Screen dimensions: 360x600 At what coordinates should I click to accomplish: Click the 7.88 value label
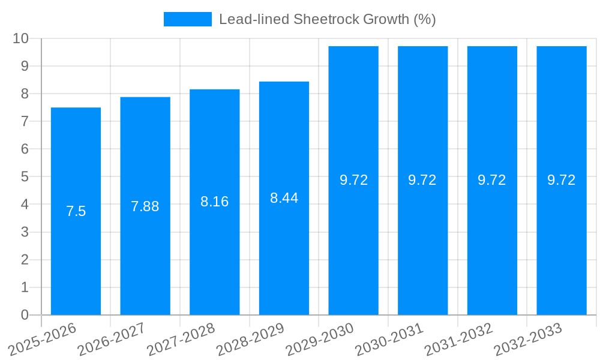click(145, 206)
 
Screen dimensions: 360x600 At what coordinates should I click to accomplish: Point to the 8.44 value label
click(284, 198)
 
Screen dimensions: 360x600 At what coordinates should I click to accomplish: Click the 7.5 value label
click(76, 211)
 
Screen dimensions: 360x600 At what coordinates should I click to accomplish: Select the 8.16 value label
click(215, 202)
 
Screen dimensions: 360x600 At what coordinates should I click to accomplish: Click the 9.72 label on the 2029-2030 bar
click(353, 180)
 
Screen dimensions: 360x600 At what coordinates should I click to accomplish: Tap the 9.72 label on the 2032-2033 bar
click(562, 180)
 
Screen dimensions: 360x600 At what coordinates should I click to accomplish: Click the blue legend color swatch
click(187, 19)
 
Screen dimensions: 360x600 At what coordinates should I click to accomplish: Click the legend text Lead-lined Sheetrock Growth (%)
click(327, 19)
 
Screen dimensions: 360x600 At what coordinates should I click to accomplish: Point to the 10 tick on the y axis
click(21, 38)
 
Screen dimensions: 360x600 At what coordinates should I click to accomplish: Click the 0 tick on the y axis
click(25, 315)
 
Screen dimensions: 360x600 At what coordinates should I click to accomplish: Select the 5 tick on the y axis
click(25, 177)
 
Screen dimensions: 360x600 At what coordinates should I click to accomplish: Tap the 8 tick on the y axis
click(25, 94)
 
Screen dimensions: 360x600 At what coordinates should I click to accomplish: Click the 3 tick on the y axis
click(25, 232)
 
